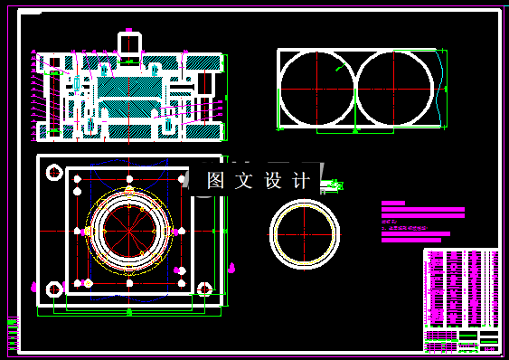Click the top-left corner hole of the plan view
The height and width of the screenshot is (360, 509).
pyautogui.click(x=53, y=171)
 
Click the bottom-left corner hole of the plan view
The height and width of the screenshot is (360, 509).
pyautogui.click(x=53, y=289)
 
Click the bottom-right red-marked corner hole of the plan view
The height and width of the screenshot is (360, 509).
pyautogui.click(x=205, y=290)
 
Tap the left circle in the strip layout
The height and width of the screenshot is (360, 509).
pyautogui.click(x=317, y=90)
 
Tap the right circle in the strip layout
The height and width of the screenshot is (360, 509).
pyautogui.click(x=395, y=90)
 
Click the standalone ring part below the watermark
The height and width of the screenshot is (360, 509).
pyautogui.click(x=306, y=234)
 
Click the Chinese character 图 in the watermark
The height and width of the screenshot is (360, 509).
pyautogui.click(x=215, y=181)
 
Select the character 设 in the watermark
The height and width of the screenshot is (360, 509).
pyautogui.click(x=273, y=181)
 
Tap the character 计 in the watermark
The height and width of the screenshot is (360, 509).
pyautogui.click(x=301, y=181)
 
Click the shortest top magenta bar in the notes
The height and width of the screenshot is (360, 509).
pyautogui.click(x=394, y=204)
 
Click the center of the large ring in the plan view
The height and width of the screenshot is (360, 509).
pyautogui.click(x=129, y=232)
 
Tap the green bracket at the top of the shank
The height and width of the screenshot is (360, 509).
pyautogui.click(x=128, y=31)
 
